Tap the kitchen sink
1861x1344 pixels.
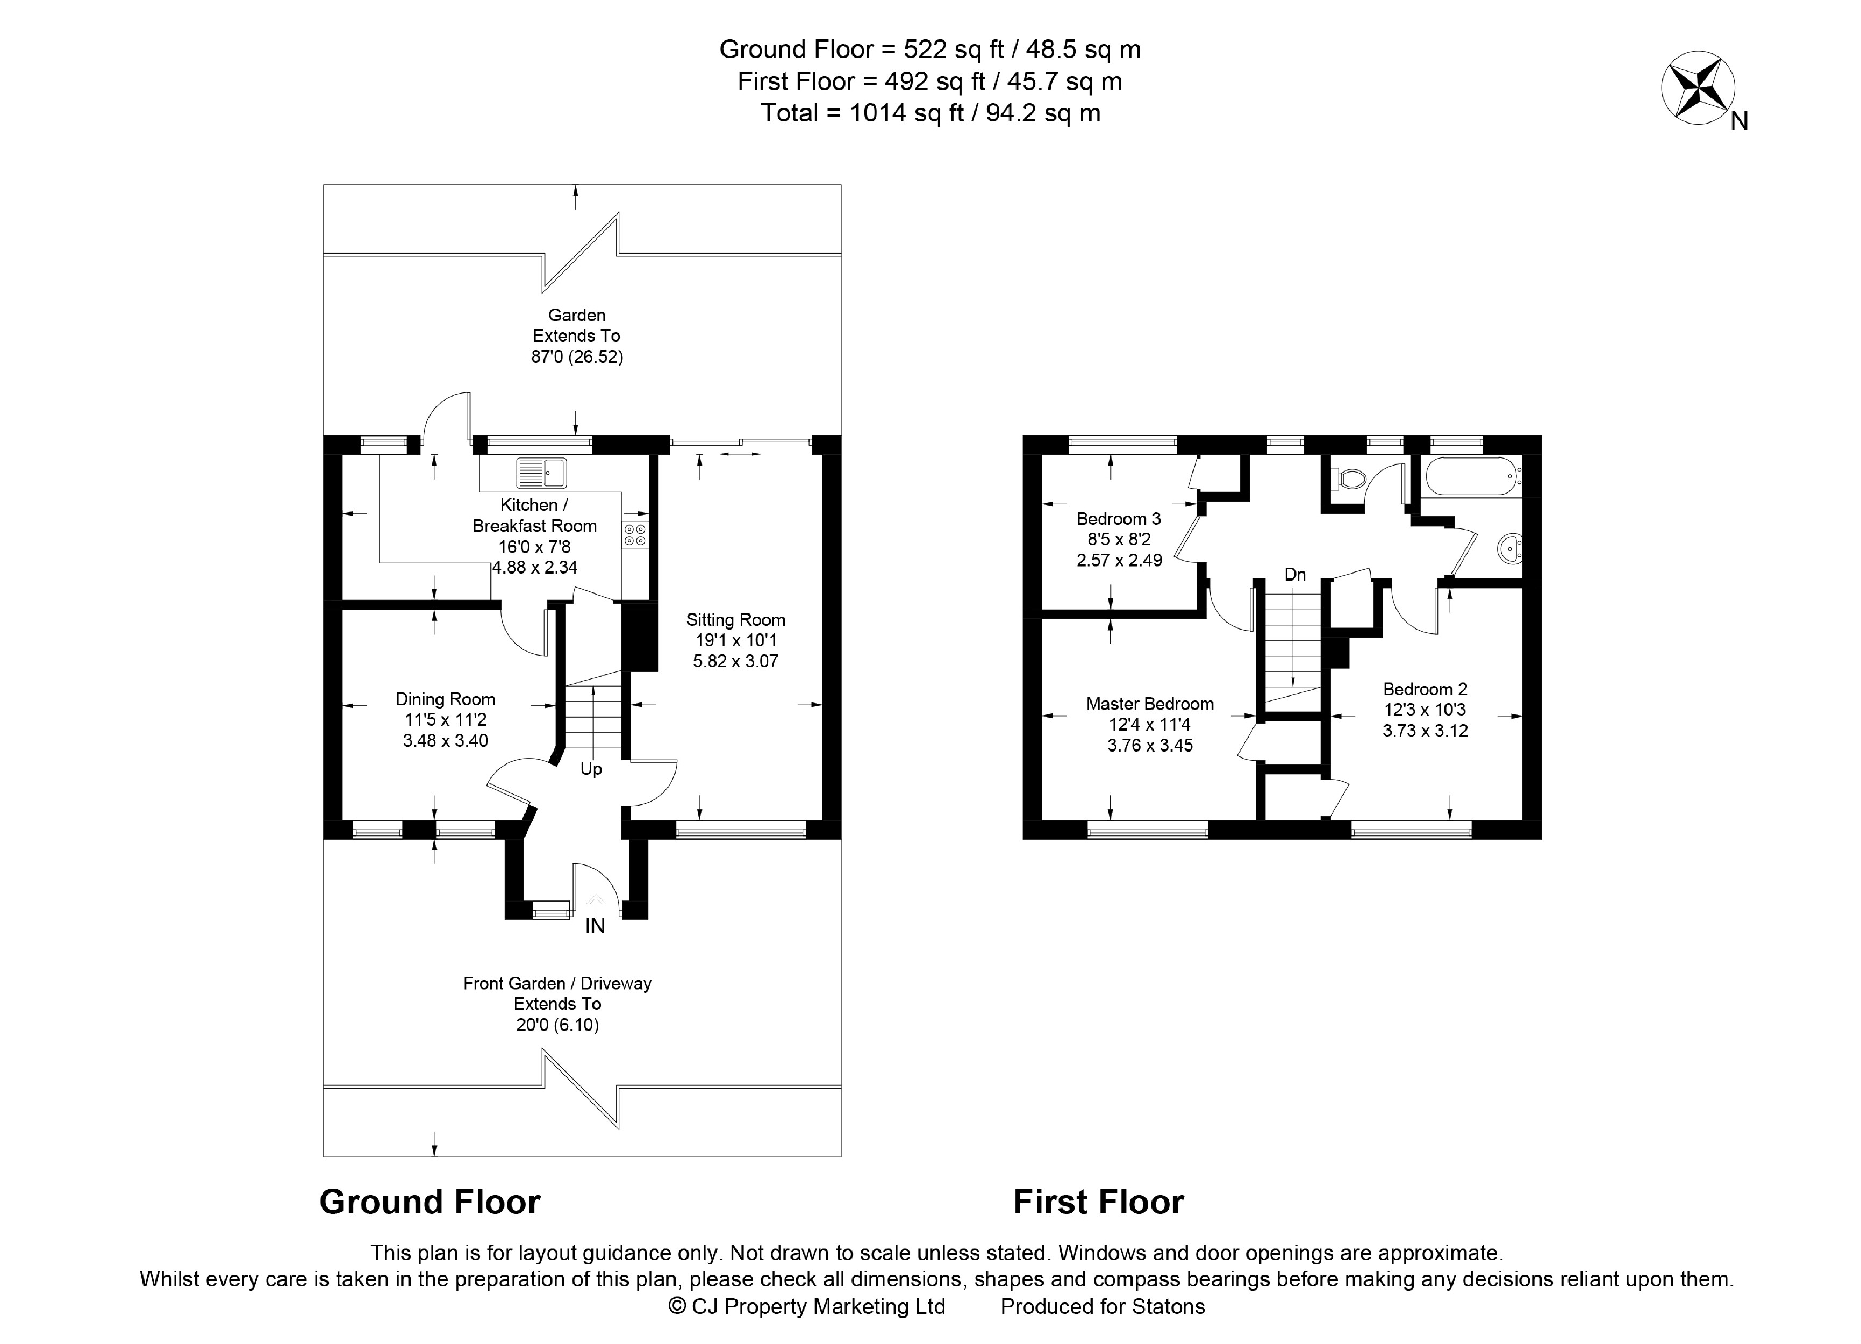tap(541, 473)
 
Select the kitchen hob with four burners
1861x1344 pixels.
tap(635, 535)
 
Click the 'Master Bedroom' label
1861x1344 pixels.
tap(1150, 704)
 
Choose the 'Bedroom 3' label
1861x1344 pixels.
tap(1119, 519)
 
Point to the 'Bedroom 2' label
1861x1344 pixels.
tap(1425, 689)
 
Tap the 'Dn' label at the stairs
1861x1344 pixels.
tap(1295, 574)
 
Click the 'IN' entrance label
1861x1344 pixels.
tap(595, 926)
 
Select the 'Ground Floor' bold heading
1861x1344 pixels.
tap(430, 1202)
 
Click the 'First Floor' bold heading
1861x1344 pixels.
tap(1098, 1202)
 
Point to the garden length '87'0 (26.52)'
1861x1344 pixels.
tap(577, 357)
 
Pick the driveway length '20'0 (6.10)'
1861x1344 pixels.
tap(557, 1025)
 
